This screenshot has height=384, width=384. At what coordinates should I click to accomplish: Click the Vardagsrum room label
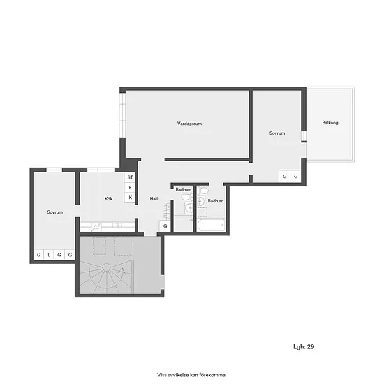(189, 124)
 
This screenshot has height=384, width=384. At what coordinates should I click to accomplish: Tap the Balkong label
(330, 122)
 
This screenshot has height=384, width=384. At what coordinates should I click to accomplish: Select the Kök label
(108, 198)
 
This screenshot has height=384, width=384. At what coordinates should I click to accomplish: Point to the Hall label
(154, 198)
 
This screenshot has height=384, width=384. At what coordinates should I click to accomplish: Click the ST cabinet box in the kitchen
(130, 177)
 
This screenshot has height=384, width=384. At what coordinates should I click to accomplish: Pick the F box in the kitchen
(130, 188)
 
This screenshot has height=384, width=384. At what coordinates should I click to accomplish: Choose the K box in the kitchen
(130, 198)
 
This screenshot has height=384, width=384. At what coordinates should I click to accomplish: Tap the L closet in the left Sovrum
(49, 255)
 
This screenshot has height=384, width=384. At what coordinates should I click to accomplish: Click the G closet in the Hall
(165, 226)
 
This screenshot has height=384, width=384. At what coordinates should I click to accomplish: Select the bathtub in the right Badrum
(211, 225)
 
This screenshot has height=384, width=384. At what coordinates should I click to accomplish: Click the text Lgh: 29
(304, 346)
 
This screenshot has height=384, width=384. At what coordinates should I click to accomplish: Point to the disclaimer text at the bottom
(192, 375)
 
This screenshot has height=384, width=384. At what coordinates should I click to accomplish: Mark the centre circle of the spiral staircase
(106, 267)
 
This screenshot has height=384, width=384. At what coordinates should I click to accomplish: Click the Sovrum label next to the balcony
(277, 133)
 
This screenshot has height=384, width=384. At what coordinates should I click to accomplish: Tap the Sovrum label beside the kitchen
(55, 212)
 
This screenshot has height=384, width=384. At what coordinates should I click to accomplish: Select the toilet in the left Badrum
(187, 197)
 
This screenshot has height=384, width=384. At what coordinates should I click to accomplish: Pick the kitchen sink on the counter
(117, 225)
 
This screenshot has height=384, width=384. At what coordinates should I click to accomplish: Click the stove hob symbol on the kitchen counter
(96, 227)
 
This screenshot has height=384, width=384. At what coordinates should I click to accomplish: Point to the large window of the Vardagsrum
(122, 115)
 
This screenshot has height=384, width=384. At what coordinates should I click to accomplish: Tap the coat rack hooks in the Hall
(167, 211)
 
